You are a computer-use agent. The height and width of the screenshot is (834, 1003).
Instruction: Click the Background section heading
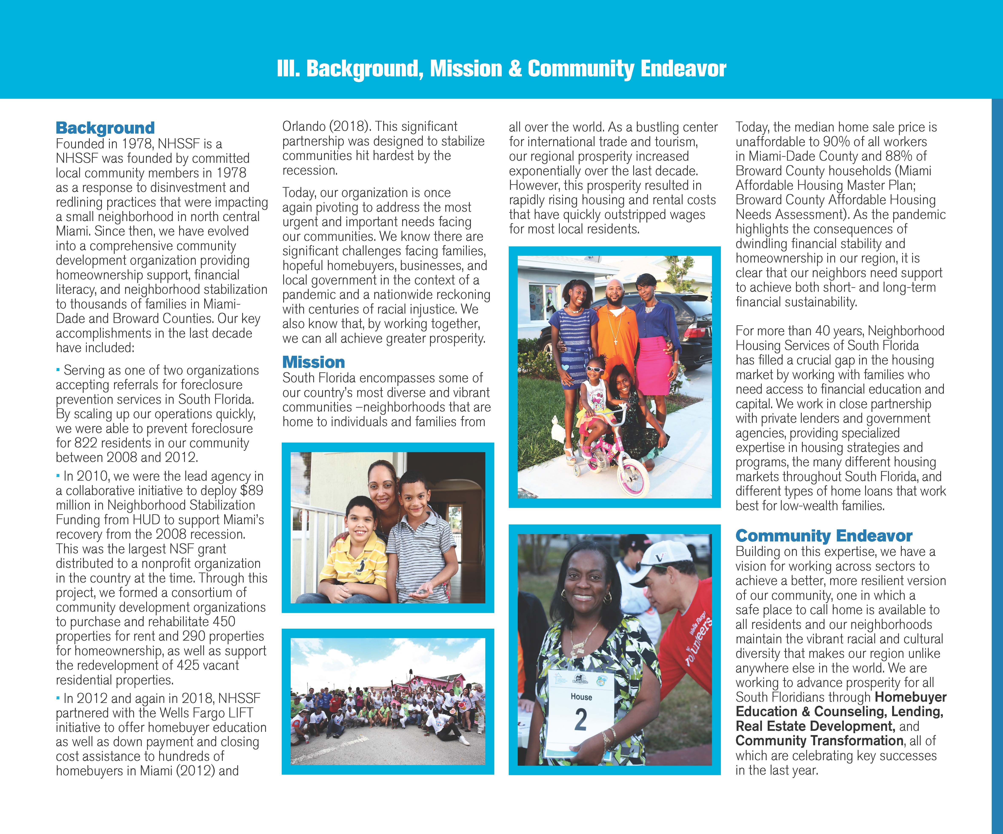click(105, 128)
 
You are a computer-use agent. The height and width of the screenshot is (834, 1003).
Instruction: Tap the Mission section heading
click(313, 362)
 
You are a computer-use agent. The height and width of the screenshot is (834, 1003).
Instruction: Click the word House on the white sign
click(581, 697)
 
